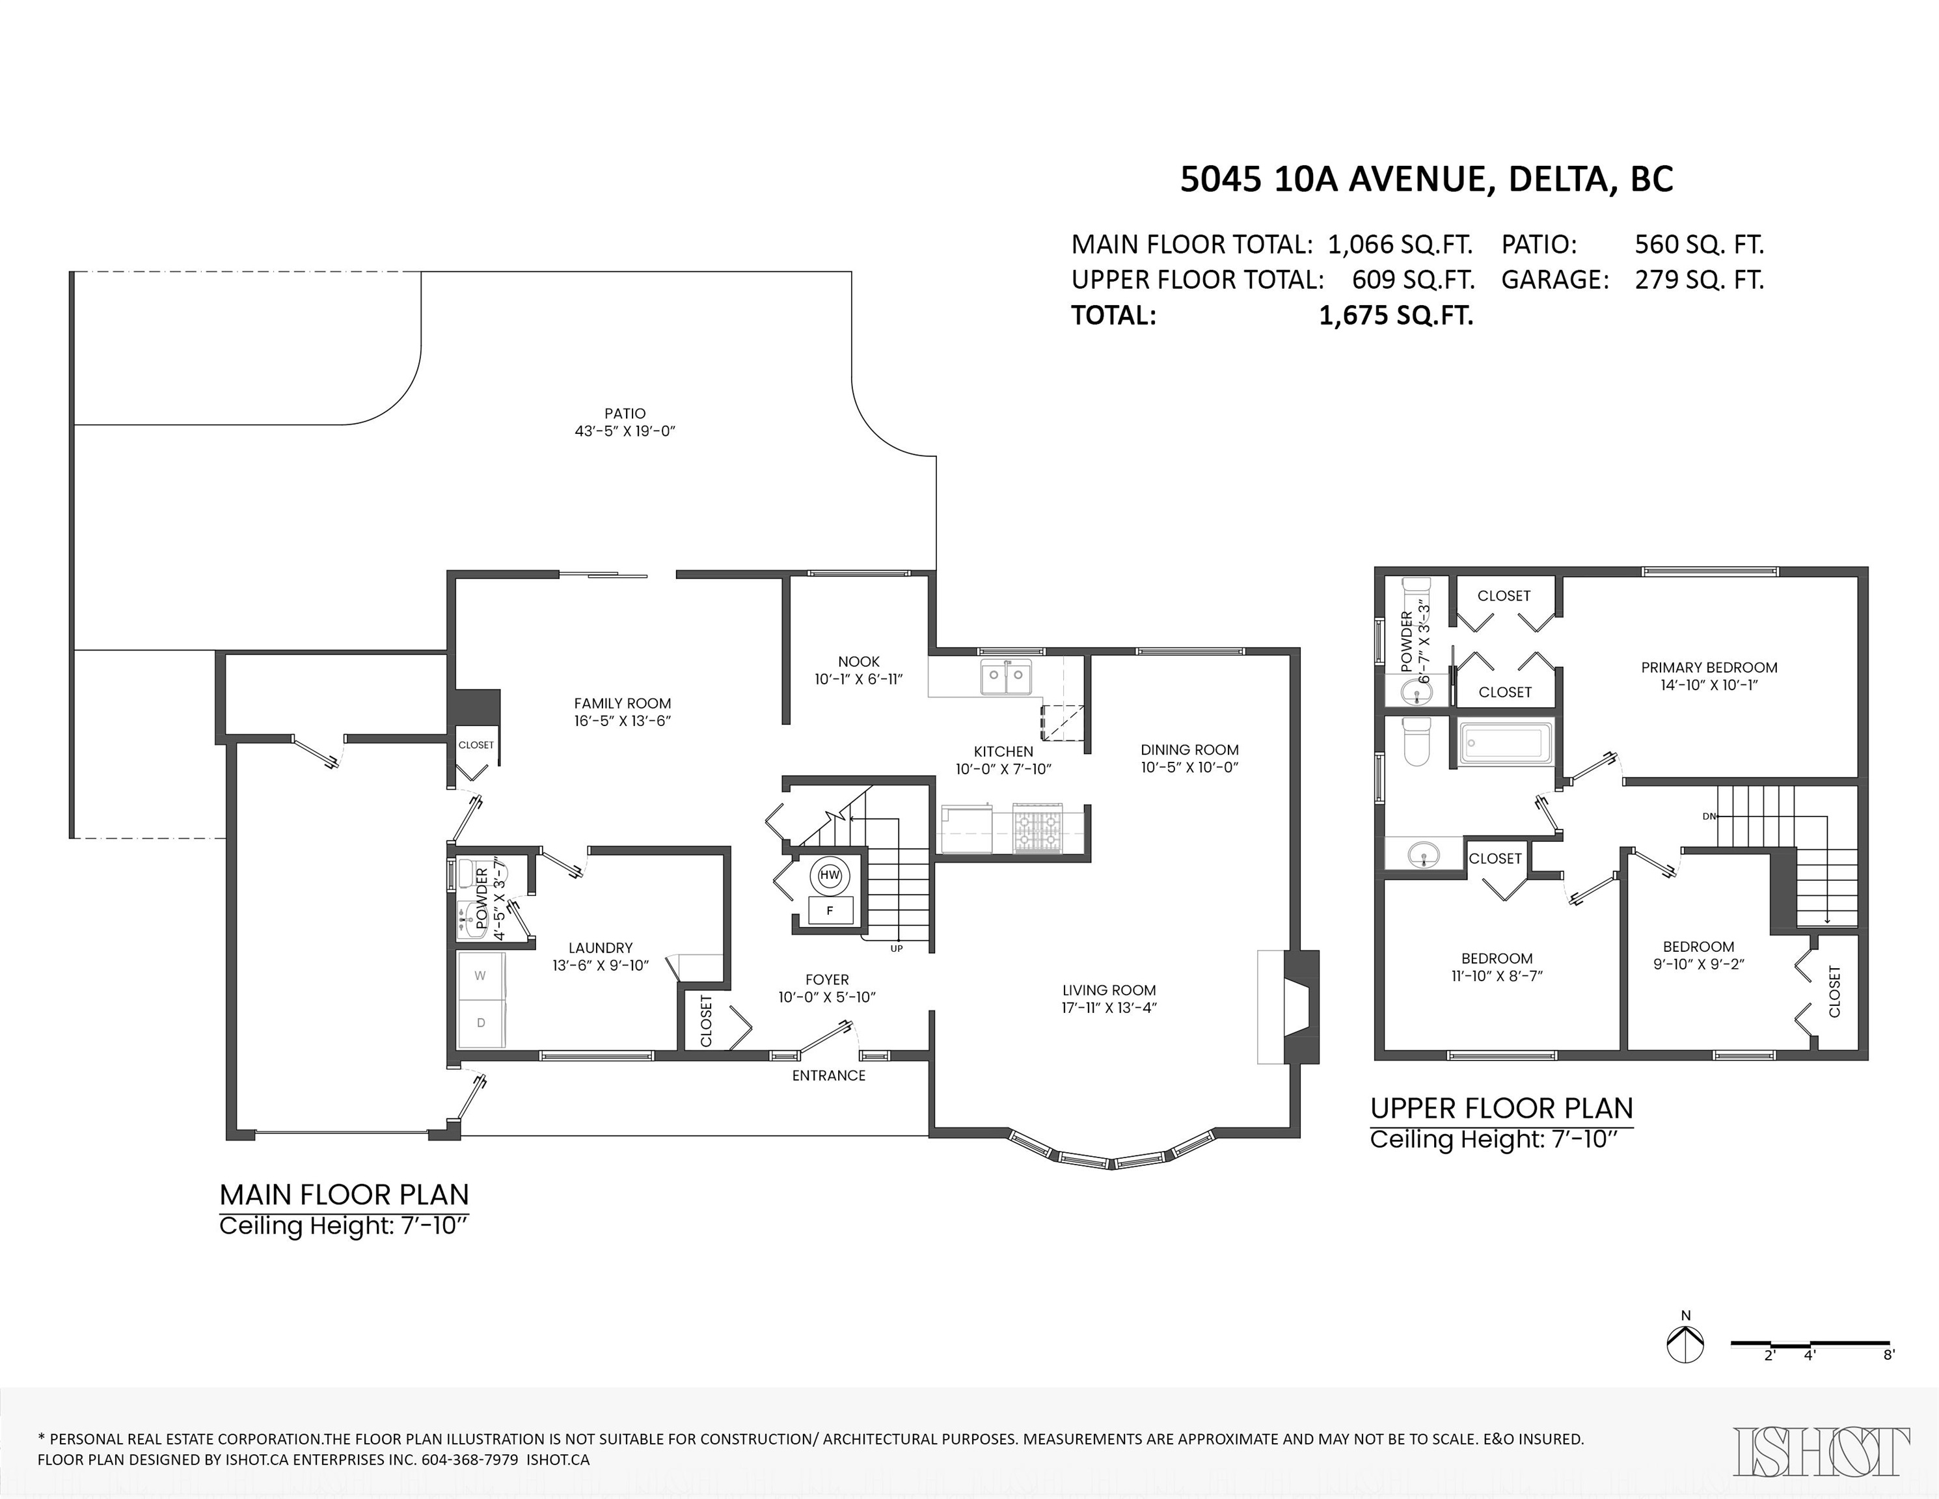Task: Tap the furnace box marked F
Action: tap(830, 911)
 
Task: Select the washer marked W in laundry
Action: tap(480, 975)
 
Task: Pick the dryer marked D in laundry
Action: tap(480, 1022)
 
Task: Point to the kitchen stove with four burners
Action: tap(1038, 829)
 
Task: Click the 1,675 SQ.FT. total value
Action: tap(1396, 315)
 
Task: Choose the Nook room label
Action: tap(858, 661)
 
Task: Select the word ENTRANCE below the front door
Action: tap(828, 1075)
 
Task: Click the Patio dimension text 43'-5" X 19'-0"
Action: tap(625, 431)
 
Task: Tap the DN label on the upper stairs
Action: tap(1709, 816)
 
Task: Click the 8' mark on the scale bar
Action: tap(1888, 1380)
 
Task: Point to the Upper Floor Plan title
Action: tap(1501, 1109)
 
